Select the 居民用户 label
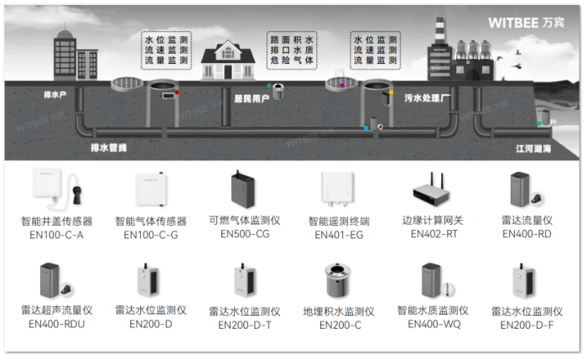(251, 98)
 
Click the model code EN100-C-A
(56, 235)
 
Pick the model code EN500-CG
(244, 233)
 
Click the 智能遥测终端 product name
(338, 222)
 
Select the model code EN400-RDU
(56, 324)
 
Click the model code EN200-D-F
(527, 324)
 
